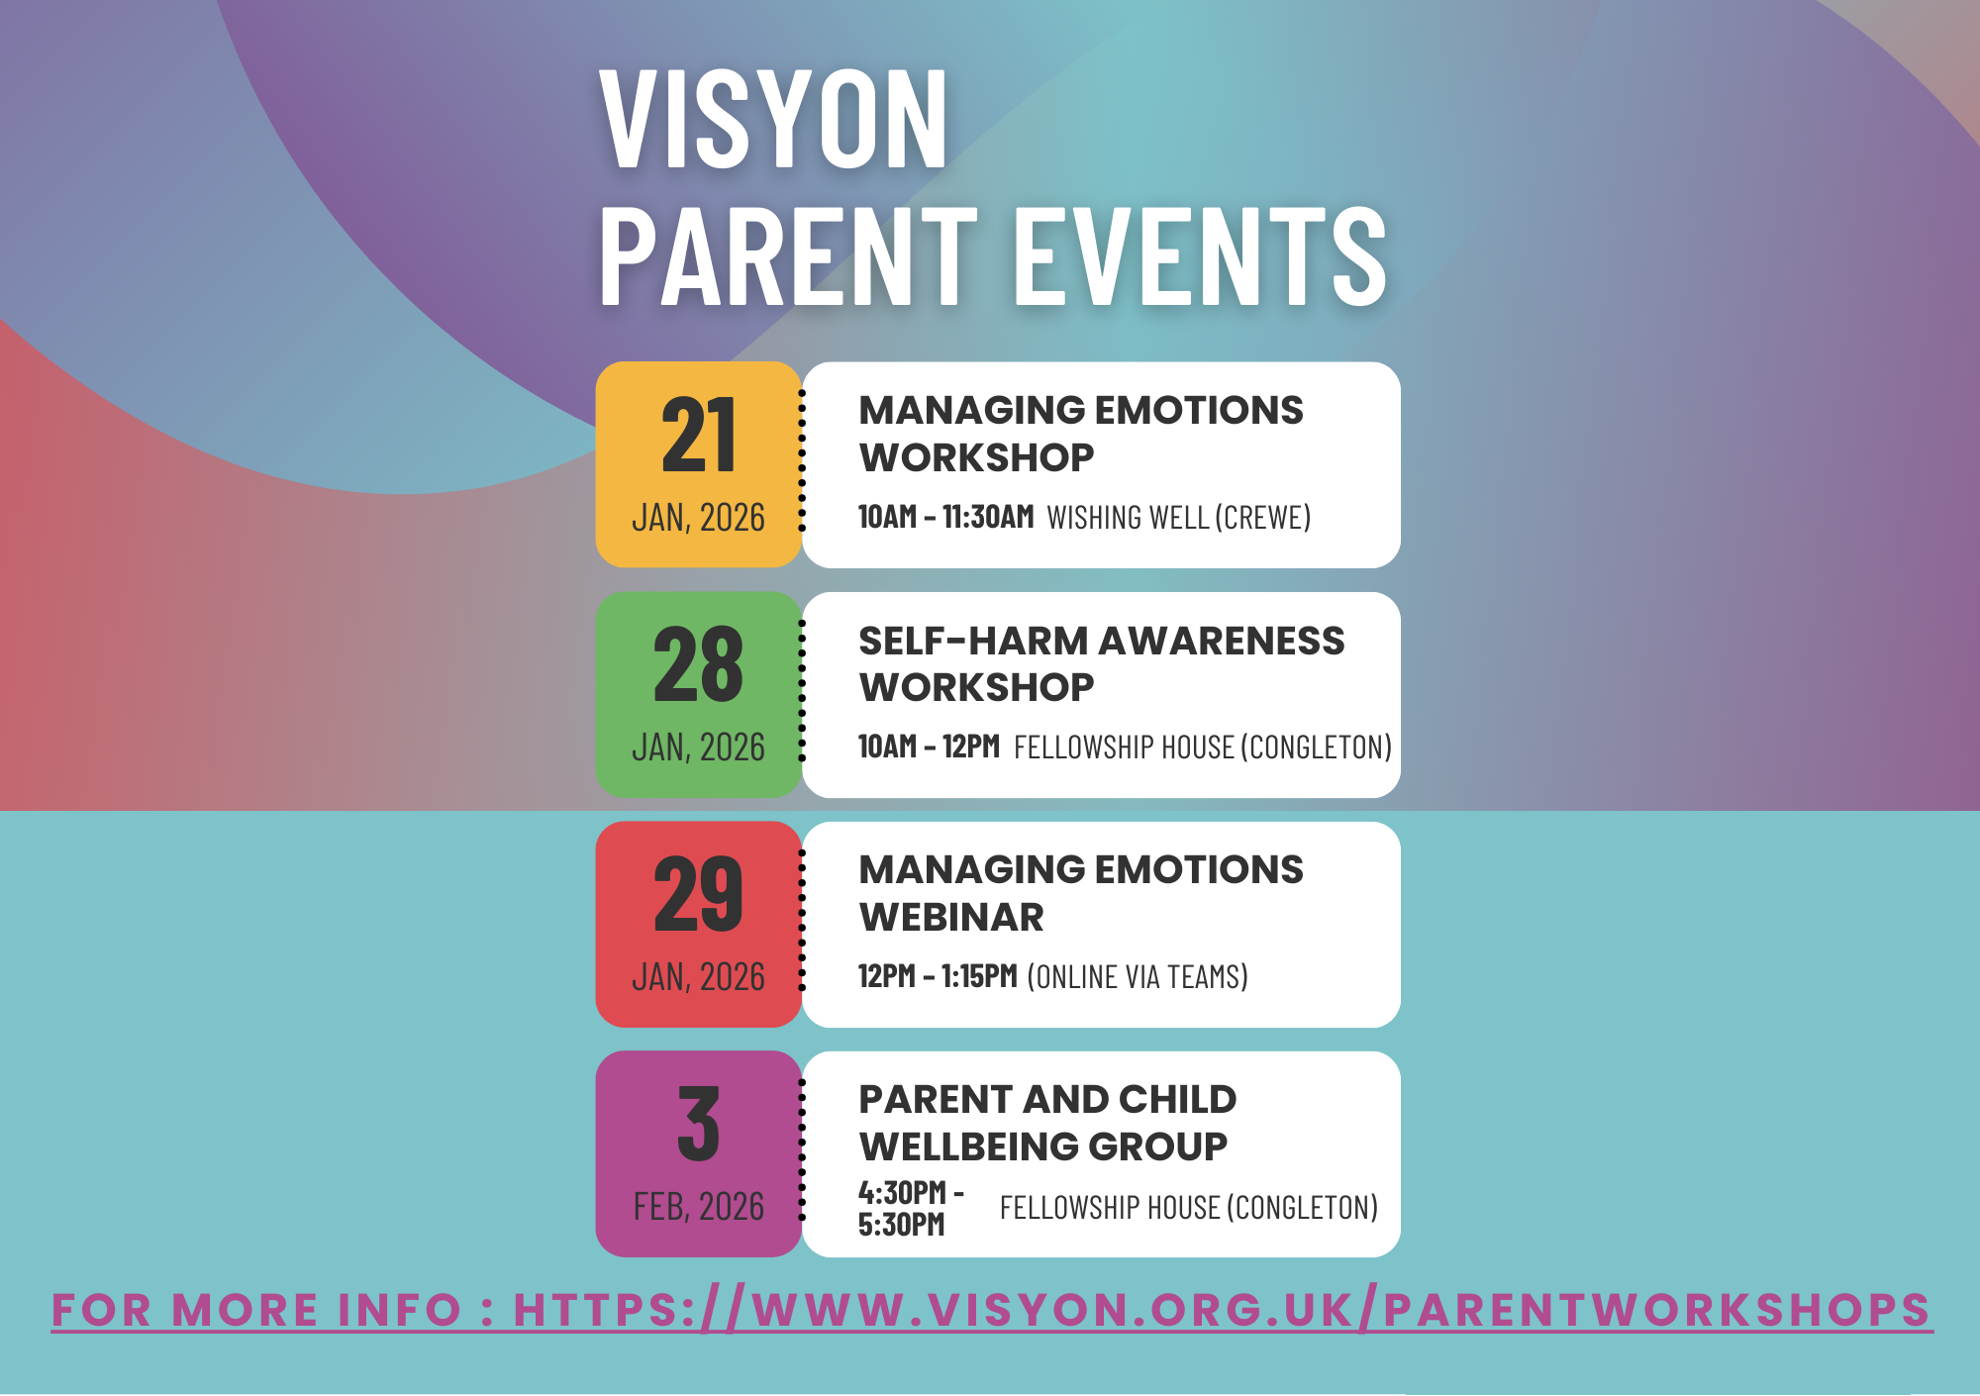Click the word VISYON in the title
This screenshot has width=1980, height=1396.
click(x=773, y=121)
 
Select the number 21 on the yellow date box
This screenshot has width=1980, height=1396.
click(x=699, y=436)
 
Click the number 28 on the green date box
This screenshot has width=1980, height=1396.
click(x=699, y=665)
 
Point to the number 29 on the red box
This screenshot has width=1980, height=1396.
click(x=699, y=895)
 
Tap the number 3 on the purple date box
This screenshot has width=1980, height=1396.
click(x=699, y=1125)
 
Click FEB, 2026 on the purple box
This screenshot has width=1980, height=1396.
click(x=699, y=1207)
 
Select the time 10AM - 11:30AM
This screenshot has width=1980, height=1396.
click(x=945, y=517)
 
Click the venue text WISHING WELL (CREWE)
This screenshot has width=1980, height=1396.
click(x=1178, y=518)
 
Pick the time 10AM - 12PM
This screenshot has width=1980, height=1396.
click(x=929, y=747)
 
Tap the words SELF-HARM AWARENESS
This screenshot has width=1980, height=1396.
click(x=1101, y=641)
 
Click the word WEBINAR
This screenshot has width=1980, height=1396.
click(x=951, y=917)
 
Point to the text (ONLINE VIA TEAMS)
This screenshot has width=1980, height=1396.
click(x=1138, y=977)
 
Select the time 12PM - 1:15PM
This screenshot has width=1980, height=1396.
click(x=938, y=976)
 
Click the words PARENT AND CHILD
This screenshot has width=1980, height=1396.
click(x=1047, y=1099)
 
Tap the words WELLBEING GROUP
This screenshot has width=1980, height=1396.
click(x=1043, y=1147)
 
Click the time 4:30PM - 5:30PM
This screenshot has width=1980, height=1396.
click(x=909, y=1208)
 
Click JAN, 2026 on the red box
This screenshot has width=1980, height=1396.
click(x=699, y=977)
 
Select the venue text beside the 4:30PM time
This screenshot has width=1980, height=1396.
click(x=1188, y=1208)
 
